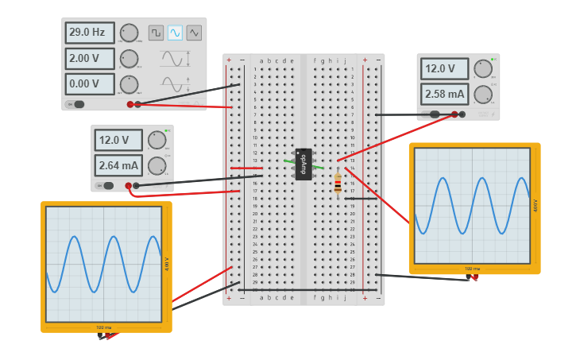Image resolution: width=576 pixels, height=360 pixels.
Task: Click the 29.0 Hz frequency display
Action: (x=90, y=33)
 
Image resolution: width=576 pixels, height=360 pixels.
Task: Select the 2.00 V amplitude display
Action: (x=90, y=58)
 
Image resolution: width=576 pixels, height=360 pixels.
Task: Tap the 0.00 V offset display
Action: (x=90, y=83)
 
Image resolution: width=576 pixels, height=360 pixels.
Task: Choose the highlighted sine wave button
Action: (x=175, y=33)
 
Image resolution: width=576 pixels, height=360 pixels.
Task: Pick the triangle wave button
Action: (x=194, y=33)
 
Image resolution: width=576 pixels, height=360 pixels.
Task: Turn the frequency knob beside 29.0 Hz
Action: (x=129, y=33)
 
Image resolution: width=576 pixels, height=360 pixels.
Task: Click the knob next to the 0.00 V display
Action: (x=129, y=84)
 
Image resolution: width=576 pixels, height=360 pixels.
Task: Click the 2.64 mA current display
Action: (x=118, y=165)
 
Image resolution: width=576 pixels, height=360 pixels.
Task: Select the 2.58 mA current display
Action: (x=445, y=94)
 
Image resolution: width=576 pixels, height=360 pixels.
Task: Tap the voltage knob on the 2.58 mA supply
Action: (x=483, y=69)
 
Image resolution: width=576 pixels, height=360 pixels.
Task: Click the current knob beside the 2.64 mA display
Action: (x=157, y=165)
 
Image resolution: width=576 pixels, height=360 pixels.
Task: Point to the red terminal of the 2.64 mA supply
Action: (x=129, y=186)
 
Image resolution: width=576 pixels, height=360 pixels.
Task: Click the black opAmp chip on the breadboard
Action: (x=303, y=164)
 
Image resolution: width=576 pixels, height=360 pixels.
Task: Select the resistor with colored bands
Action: (x=338, y=184)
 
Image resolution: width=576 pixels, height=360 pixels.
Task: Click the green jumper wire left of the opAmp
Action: (x=288, y=161)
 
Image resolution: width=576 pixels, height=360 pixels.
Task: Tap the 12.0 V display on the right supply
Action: (x=445, y=68)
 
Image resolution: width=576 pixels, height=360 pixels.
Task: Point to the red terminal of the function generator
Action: (x=130, y=104)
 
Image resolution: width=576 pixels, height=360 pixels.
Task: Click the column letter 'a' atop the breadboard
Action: (x=261, y=60)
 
